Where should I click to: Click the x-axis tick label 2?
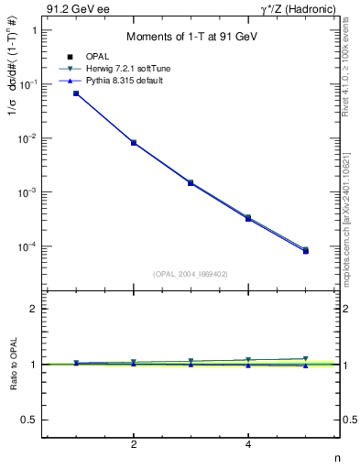coord(134,444)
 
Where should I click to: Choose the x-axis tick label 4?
coord(248,444)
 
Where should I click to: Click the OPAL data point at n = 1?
coord(76,93)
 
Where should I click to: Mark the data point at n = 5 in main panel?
coord(306,250)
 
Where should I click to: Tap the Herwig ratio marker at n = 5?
coord(306,359)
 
